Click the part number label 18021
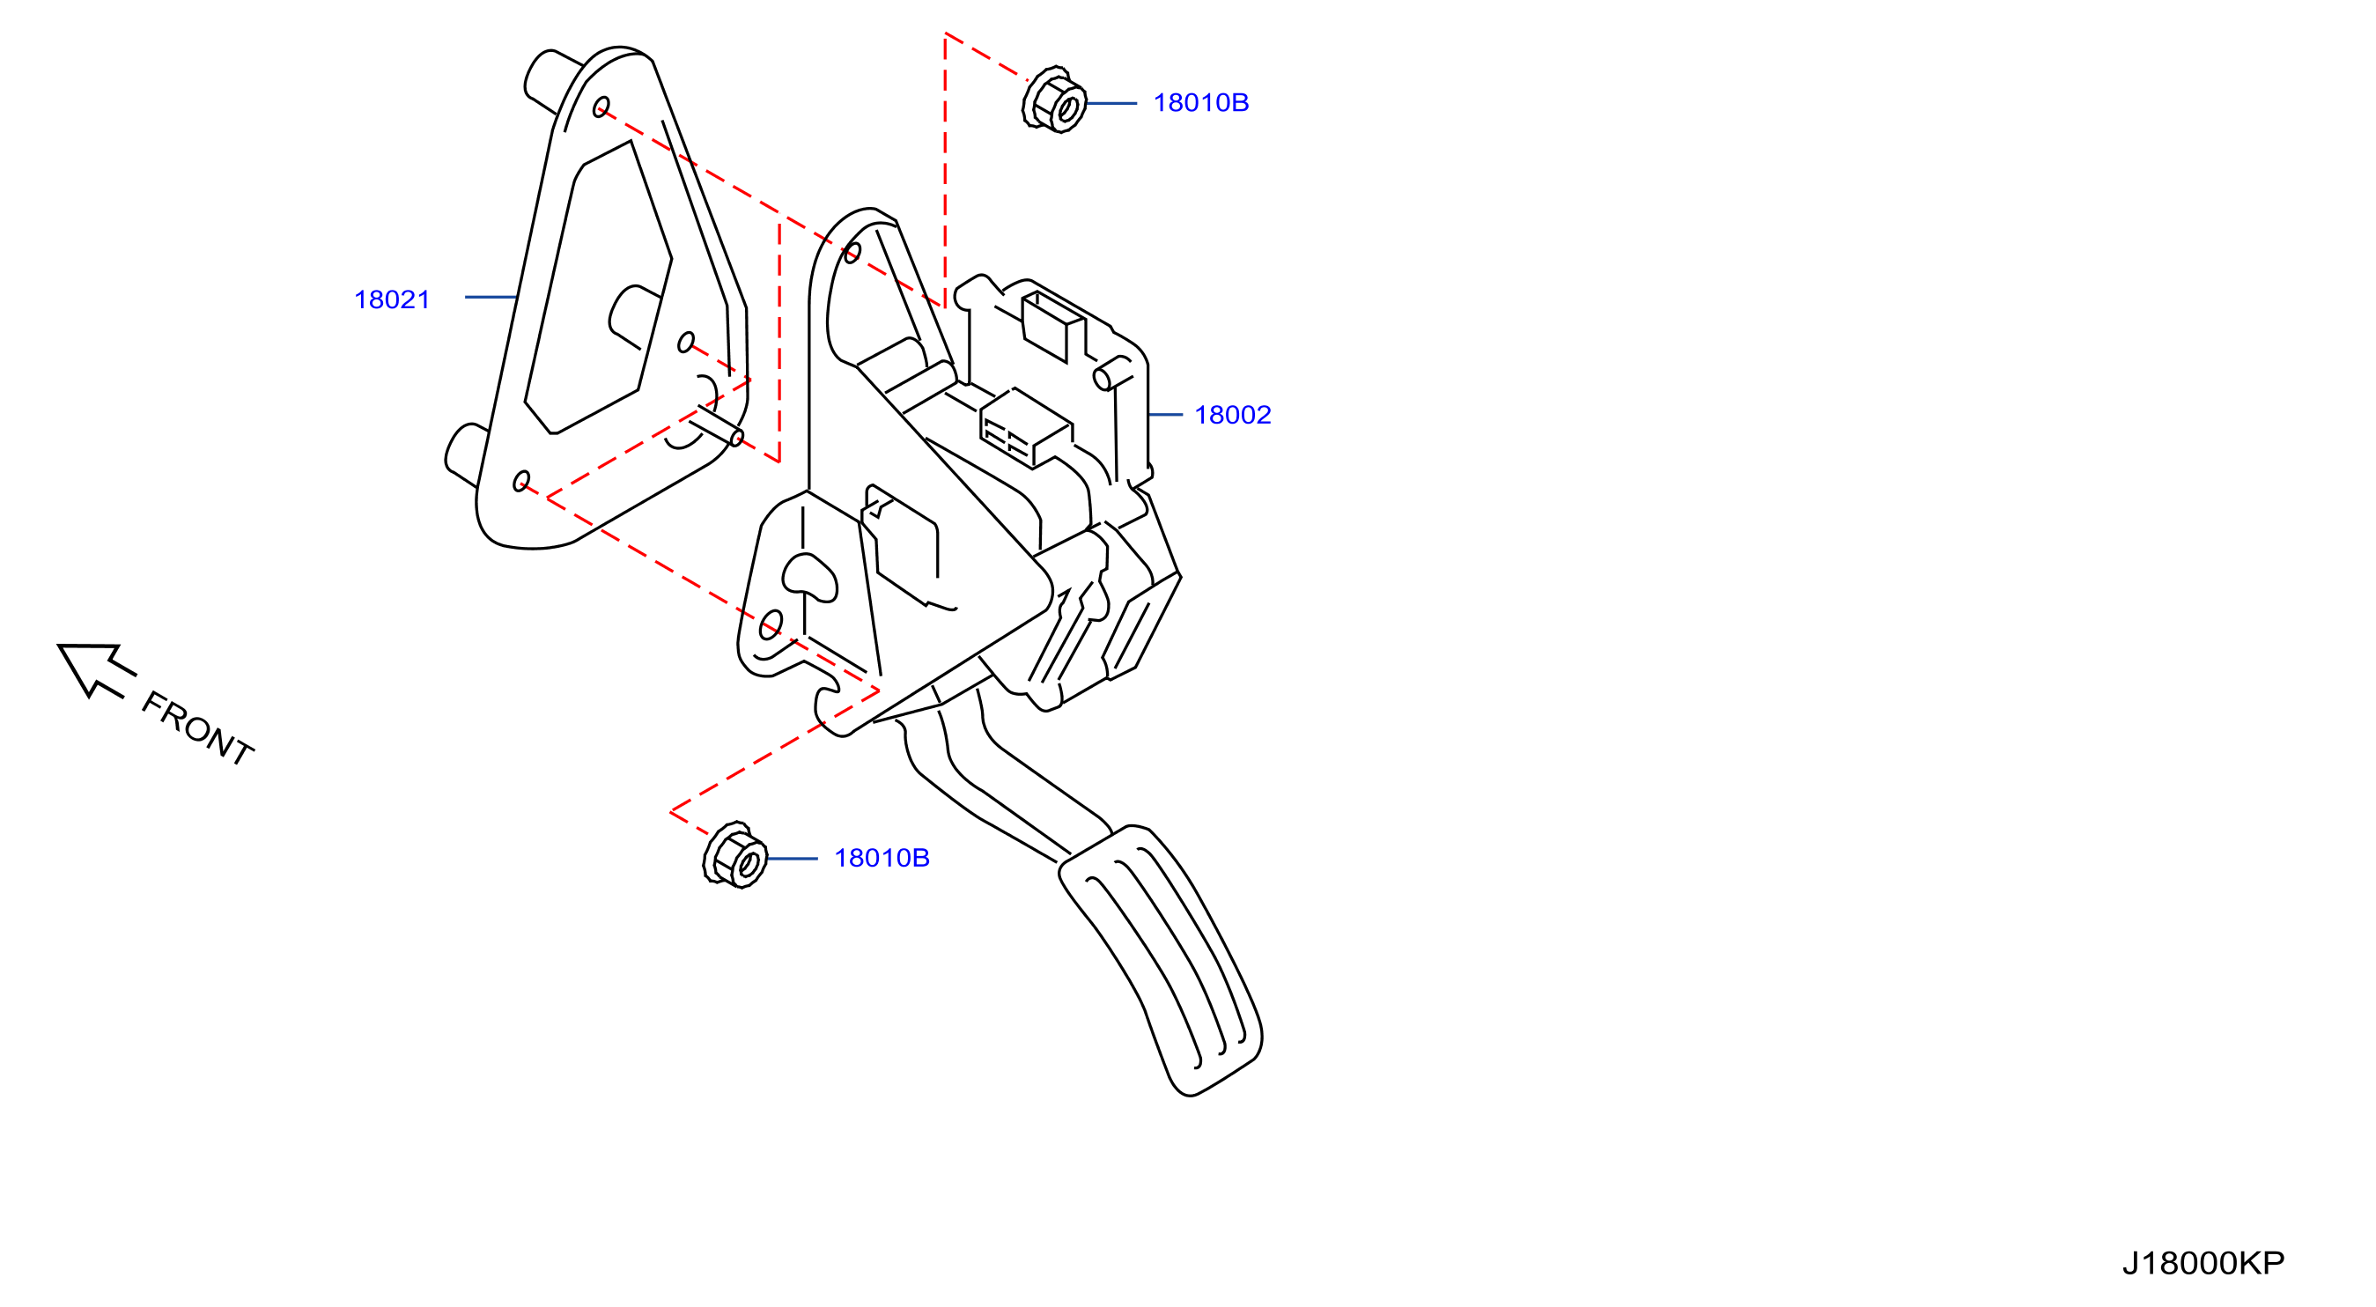coord(392,299)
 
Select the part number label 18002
coord(1232,415)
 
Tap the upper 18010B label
coord(1201,102)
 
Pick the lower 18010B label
coord(882,858)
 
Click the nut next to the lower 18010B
coord(735,854)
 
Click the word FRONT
coord(197,728)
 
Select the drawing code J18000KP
coord(2203,1263)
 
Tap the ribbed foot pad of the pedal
coord(1161,959)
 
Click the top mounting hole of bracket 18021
coord(601,107)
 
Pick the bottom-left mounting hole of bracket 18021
coord(521,482)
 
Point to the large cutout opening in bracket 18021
coord(598,288)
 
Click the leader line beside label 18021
coord(490,297)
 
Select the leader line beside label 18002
coord(1166,415)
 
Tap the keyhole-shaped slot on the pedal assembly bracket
coord(809,578)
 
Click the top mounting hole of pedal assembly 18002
coord(853,252)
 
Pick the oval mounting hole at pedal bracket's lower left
coord(771,624)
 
